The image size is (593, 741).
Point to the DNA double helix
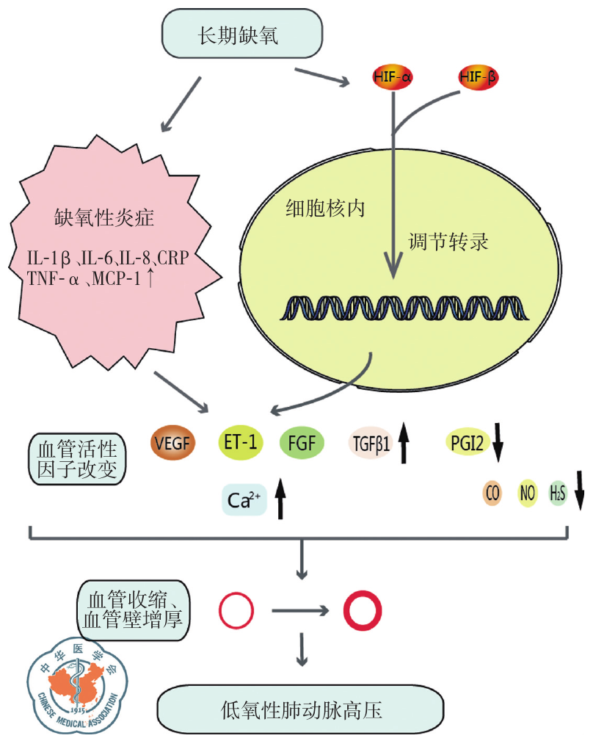403,308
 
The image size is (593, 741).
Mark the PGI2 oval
467,442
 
